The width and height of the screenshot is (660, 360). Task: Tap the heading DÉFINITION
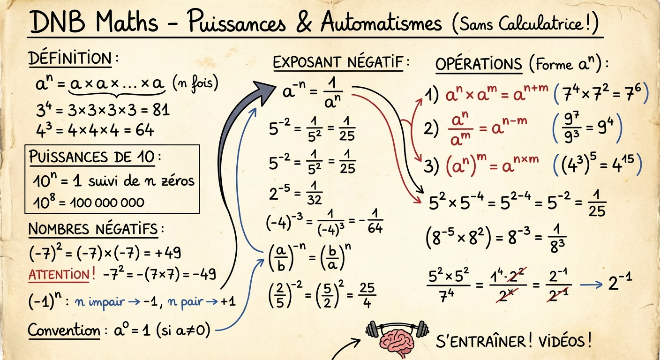[x=70, y=59]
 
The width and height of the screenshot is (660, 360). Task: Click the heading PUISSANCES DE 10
[x=91, y=157]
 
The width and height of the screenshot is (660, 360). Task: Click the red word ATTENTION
[x=59, y=275]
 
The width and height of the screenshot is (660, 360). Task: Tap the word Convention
[x=64, y=330]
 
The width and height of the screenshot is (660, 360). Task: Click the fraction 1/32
[x=315, y=193]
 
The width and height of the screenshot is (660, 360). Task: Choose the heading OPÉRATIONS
[x=479, y=64]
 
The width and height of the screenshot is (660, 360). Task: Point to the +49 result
[x=166, y=254]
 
